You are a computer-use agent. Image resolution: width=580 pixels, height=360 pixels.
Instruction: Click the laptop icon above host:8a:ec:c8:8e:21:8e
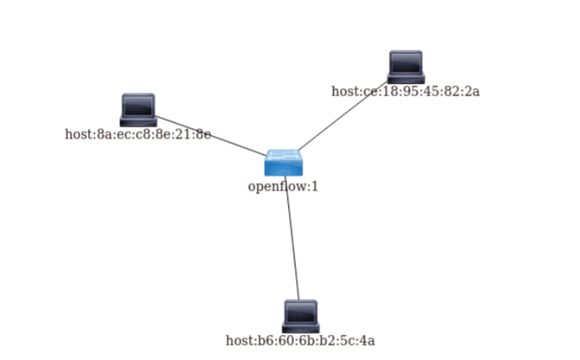[x=138, y=110]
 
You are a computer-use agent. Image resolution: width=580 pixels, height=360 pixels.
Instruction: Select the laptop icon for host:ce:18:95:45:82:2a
[x=406, y=67]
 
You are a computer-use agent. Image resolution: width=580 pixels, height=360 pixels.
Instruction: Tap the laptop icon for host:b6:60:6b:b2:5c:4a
[x=301, y=316]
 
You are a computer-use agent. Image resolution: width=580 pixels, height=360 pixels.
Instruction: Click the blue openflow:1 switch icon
[x=283, y=162]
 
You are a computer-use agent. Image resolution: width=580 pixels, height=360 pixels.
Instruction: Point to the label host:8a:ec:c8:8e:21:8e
[x=137, y=134]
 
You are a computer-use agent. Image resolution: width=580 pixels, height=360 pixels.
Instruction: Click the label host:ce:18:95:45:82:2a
[x=405, y=91]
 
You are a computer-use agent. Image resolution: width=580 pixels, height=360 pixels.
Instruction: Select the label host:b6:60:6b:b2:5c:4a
[x=300, y=341]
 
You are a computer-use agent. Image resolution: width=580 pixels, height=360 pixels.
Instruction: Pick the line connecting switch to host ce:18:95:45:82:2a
[x=343, y=113]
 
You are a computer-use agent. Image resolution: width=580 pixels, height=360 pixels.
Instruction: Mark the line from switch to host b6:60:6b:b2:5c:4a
[x=292, y=239]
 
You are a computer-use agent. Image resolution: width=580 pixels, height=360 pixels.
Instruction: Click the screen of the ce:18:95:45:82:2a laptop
[x=406, y=63]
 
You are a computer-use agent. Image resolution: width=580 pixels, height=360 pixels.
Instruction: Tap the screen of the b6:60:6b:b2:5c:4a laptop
[x=301, y=312]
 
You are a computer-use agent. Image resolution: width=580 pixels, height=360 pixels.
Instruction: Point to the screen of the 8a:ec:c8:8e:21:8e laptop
[x=138, y=105]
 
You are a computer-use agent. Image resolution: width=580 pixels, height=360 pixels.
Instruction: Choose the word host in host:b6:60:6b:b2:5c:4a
[x=238, y=341]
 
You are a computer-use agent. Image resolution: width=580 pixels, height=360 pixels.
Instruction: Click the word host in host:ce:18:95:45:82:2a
[x=344, y=91]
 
